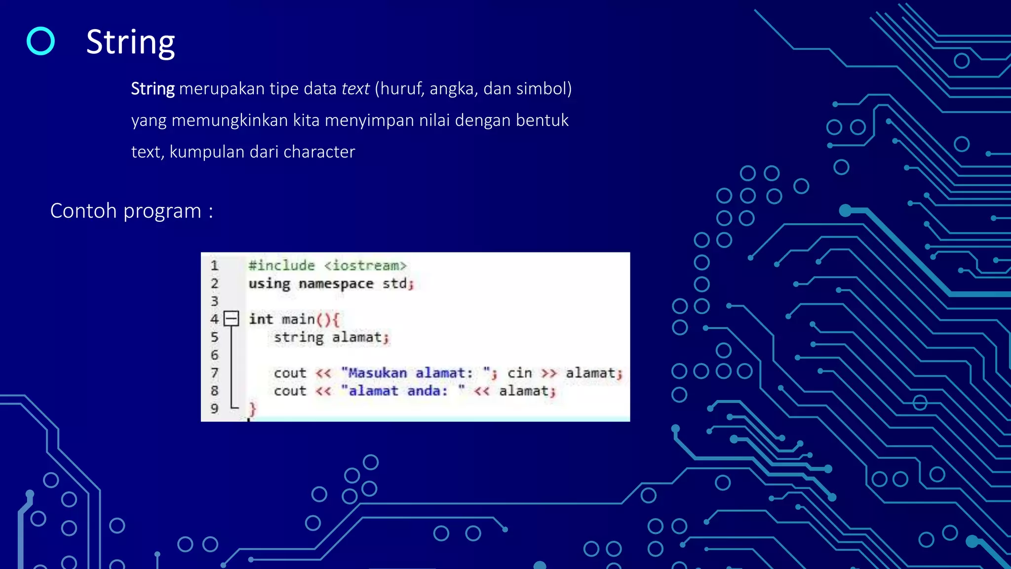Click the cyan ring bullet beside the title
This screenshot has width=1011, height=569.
[40, 41]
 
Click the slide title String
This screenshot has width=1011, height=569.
[130, 42]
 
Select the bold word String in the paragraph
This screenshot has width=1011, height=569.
[153, 89]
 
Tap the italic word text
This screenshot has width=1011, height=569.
[355, 89]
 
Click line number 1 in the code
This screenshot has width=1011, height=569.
[214, 266]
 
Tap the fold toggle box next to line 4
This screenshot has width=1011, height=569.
[231, 319]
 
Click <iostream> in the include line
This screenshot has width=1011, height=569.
[365, 266]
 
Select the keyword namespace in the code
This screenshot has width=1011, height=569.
[336, 284]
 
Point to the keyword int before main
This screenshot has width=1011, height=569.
[261, 319]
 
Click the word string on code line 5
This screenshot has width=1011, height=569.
[299, 337]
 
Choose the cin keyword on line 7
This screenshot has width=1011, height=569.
[519, 373]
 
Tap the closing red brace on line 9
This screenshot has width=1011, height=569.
[252, 408]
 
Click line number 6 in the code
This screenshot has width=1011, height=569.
[214, 355]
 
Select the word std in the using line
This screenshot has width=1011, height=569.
[394, 284]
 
